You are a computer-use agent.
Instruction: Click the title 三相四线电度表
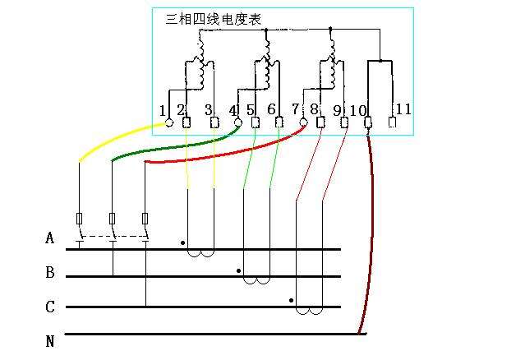tap(213, 19)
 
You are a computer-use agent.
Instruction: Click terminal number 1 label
tap(163, 110)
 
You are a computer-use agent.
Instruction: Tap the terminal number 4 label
tap(233, 110)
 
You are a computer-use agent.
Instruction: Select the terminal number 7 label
tap(295, 110)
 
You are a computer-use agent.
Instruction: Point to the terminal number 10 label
tap(357, 110)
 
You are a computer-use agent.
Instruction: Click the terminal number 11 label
tap(403, 109)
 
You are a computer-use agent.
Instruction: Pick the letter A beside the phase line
tap(50, 239)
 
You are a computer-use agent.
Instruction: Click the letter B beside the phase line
tap(50, 272)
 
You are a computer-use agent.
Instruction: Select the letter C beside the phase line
tap(50, 307)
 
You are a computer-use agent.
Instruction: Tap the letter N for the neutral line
tap(50, 340)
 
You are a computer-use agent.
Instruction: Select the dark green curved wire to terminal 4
tap(164, 147)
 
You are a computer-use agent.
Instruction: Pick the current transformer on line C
tap(309, 311)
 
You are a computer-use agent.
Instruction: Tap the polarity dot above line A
tap(182, 243)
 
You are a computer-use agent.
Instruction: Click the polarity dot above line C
tap(292, 301)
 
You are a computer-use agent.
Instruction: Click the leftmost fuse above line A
tap(79, 219)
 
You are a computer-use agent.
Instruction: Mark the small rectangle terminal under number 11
tap(392, 124)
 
